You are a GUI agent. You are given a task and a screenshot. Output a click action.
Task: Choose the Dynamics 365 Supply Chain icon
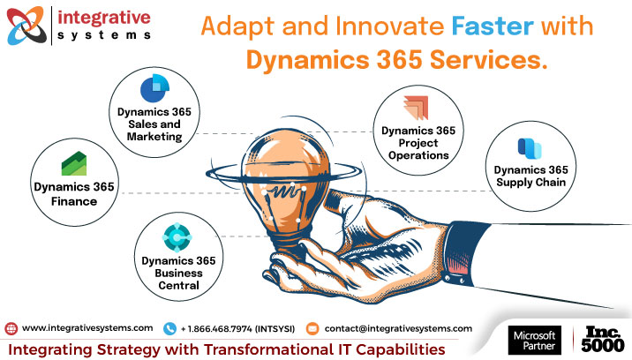point(530,146)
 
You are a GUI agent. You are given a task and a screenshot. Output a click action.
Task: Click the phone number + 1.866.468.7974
point(238,328)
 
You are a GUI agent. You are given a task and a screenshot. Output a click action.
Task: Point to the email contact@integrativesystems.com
point(397,328)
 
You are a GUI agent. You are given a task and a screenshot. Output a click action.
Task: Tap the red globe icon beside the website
point(11,328)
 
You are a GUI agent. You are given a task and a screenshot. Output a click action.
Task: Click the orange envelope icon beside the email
point(312,328)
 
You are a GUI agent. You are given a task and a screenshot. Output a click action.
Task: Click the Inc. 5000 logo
point(602,340)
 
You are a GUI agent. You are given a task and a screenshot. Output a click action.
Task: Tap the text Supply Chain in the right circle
point(530,183)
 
